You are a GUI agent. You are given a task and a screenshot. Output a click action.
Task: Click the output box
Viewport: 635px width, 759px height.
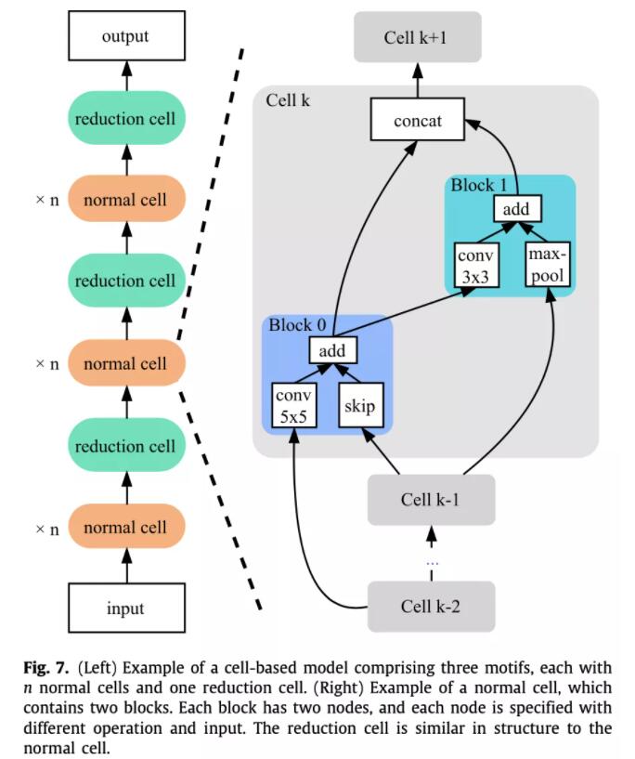coord(126,36)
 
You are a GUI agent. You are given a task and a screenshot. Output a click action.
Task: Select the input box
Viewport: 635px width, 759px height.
coord(126,608)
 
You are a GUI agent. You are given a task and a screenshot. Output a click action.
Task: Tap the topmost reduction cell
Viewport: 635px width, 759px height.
coord(126,118)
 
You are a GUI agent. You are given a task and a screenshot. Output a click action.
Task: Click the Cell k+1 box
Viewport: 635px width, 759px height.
coord(418,37)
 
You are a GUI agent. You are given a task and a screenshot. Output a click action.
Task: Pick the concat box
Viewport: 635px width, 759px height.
coord(418,120)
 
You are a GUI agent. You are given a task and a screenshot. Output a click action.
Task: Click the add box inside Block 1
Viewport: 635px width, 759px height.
coord(517,209)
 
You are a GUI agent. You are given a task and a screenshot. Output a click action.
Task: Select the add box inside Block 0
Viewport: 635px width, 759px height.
coord(333,350)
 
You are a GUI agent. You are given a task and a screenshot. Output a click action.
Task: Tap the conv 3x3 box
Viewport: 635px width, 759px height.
coord(477,266)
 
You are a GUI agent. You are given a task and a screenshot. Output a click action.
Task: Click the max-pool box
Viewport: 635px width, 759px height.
coord(548,264)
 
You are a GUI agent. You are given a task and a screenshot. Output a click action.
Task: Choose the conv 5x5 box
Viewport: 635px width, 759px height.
coord(294,406)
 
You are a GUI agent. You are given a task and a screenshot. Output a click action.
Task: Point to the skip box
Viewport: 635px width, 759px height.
coord(361,406)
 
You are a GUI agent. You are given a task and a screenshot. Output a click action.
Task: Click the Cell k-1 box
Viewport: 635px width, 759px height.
coord(432,500)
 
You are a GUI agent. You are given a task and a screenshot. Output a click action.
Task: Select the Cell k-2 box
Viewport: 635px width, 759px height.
coord(432,607)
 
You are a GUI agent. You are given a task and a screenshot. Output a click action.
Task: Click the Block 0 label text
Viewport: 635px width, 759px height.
coord(297,325)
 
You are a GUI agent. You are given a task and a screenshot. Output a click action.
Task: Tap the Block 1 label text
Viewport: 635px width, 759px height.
coord(479,185)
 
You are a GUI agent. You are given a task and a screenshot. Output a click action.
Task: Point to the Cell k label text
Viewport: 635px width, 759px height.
coord(288,100)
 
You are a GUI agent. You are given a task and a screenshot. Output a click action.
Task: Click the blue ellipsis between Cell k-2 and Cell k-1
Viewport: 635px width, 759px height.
coord(432,563)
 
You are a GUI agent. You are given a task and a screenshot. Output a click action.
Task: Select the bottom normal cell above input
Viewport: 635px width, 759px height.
coord(126,527)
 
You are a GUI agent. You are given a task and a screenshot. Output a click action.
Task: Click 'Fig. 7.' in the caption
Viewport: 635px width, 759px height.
coord(46,668)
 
